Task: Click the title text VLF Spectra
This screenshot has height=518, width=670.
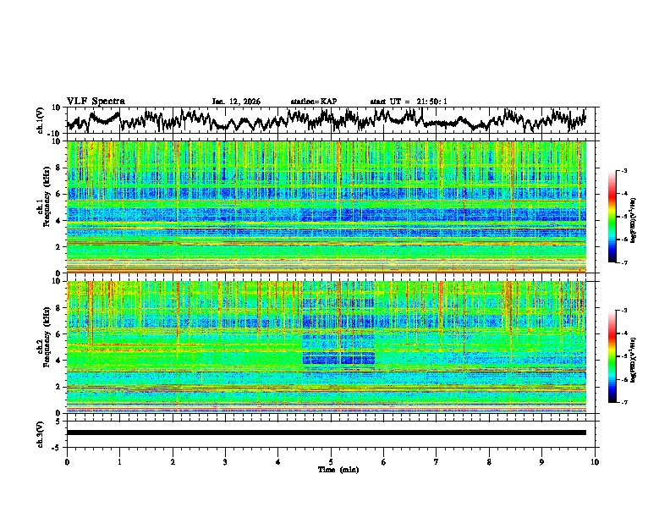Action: coord(96,101)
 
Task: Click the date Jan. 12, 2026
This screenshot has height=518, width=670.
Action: coord(236,102)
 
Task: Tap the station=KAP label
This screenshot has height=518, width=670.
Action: coord(313,102)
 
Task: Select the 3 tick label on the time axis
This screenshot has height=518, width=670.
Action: coord(225,461)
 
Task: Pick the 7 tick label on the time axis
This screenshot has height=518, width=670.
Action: coord(437,461)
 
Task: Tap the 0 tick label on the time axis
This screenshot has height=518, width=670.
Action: coord(67,461)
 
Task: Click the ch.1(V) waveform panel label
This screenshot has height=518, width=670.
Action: coord(41,120)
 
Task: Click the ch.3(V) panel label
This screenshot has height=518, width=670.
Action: coord(41,432)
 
